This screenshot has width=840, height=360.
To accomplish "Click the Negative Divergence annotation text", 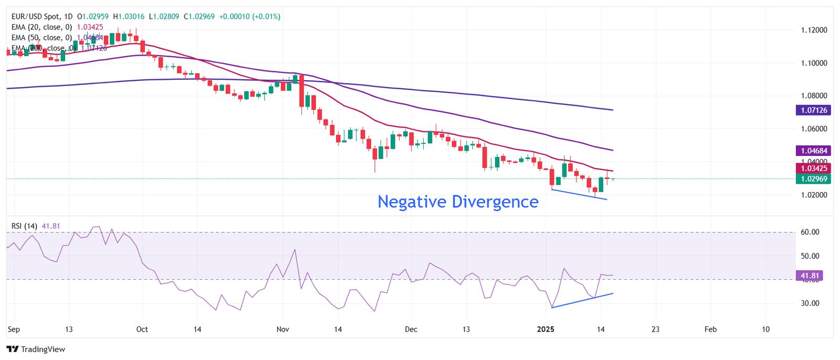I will (x=458, y=202).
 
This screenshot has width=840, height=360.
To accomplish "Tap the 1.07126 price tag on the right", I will (x=813, y=110).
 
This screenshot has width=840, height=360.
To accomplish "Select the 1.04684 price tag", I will (x=813, y=151).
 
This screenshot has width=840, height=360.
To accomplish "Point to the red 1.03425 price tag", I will (x=813, y=168).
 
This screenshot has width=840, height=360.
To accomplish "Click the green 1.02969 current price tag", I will (x=813, y=179).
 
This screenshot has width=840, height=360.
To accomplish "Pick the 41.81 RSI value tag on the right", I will (x=810, y=276).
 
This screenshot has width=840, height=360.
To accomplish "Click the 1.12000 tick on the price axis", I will (x=814, y=30).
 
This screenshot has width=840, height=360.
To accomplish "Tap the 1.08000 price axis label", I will (x=814, y=96).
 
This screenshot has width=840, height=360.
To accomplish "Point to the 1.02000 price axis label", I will (x=814, y=195).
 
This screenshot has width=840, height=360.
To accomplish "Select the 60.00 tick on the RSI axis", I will (x=810, y=232).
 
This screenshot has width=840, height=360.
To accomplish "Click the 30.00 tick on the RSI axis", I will (x=810, y=303).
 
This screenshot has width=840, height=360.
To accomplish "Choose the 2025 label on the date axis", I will (x=545, y=330).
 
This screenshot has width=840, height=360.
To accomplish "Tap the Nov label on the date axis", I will (x=282, y=330).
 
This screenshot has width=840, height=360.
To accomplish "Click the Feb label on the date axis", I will (x=710, y=330).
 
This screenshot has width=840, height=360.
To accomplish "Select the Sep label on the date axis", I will (x=14, y=330).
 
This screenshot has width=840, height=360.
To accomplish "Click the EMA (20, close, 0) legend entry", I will (x=41, y=27).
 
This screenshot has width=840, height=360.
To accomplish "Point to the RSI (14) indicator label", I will (x=24, y=226).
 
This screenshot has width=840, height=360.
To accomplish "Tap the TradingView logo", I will (x=36, y=349).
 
